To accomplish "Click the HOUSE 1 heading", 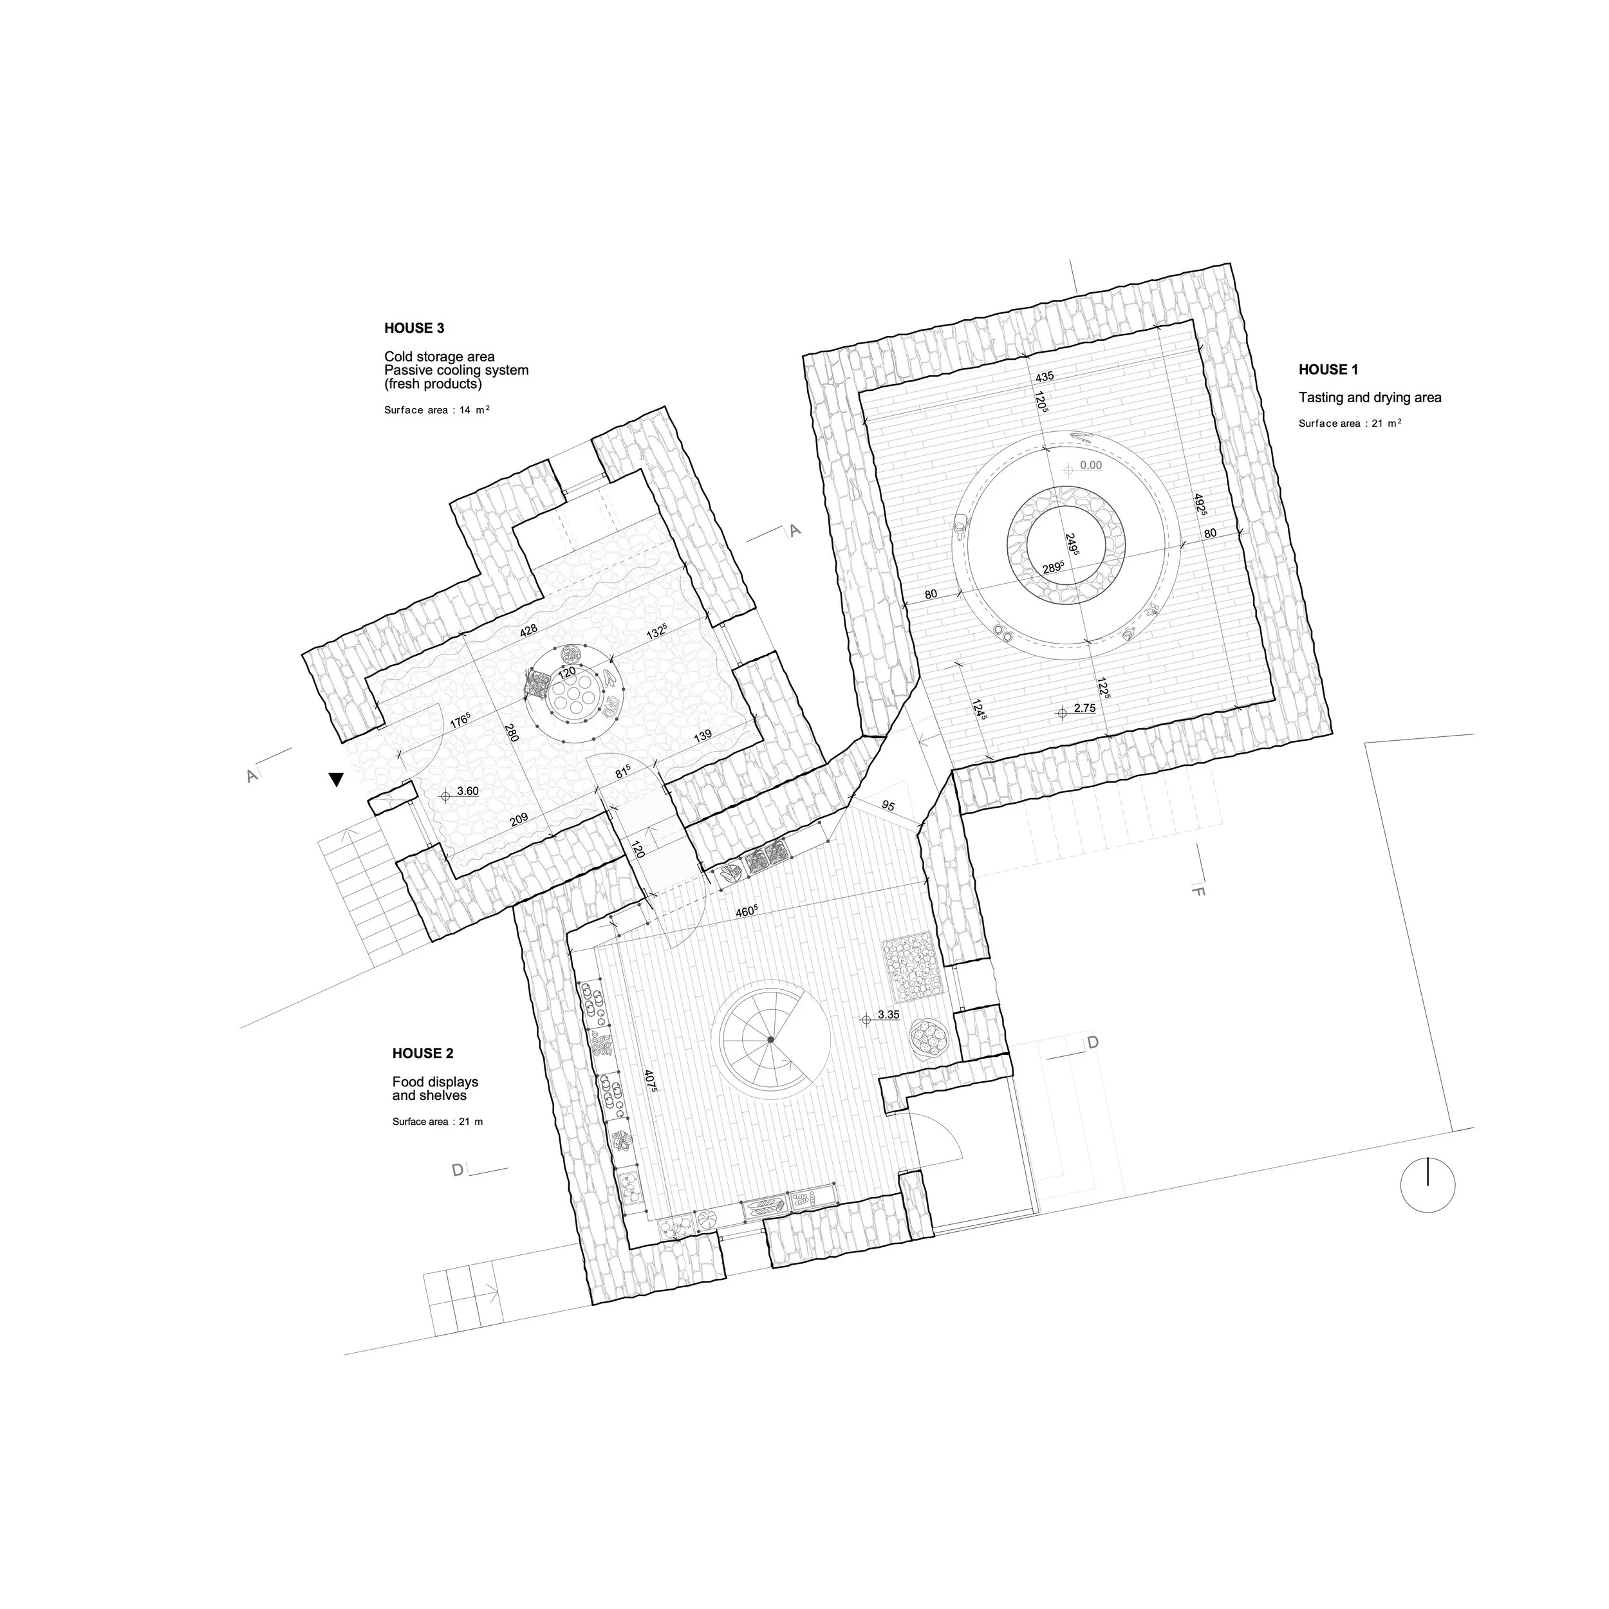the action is point(1328,370).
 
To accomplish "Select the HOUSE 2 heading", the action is point(423,1054).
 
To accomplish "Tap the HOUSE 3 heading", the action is point(414,328).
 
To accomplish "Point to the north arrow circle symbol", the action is point(1428,1184).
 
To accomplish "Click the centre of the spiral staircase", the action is point(771,1040).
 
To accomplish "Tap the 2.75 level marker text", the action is point(1085,708).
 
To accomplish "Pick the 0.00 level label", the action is point(1090,465).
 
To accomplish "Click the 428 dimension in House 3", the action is point(528,631).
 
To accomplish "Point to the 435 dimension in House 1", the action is point(1045,377).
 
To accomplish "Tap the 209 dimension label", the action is point(519,819).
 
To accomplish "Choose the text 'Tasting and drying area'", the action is point(1370,398).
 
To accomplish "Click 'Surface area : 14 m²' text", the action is point(437,410).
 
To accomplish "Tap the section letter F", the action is point(1198,892).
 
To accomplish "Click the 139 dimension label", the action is point(703,736).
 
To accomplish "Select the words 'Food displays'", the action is point(436,1082).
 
